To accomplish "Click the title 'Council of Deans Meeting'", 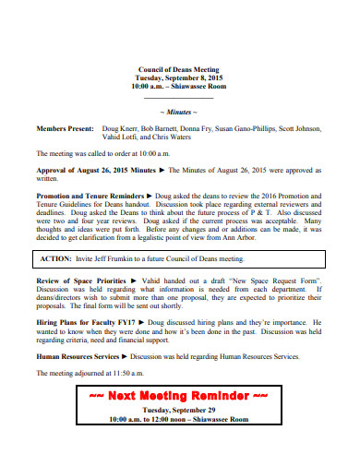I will point(179,70).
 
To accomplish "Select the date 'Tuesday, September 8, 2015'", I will point(179,79).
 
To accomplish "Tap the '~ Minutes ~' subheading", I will point(179,111).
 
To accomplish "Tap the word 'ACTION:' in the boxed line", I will point(57,259).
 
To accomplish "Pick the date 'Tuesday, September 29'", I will point(179,409).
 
